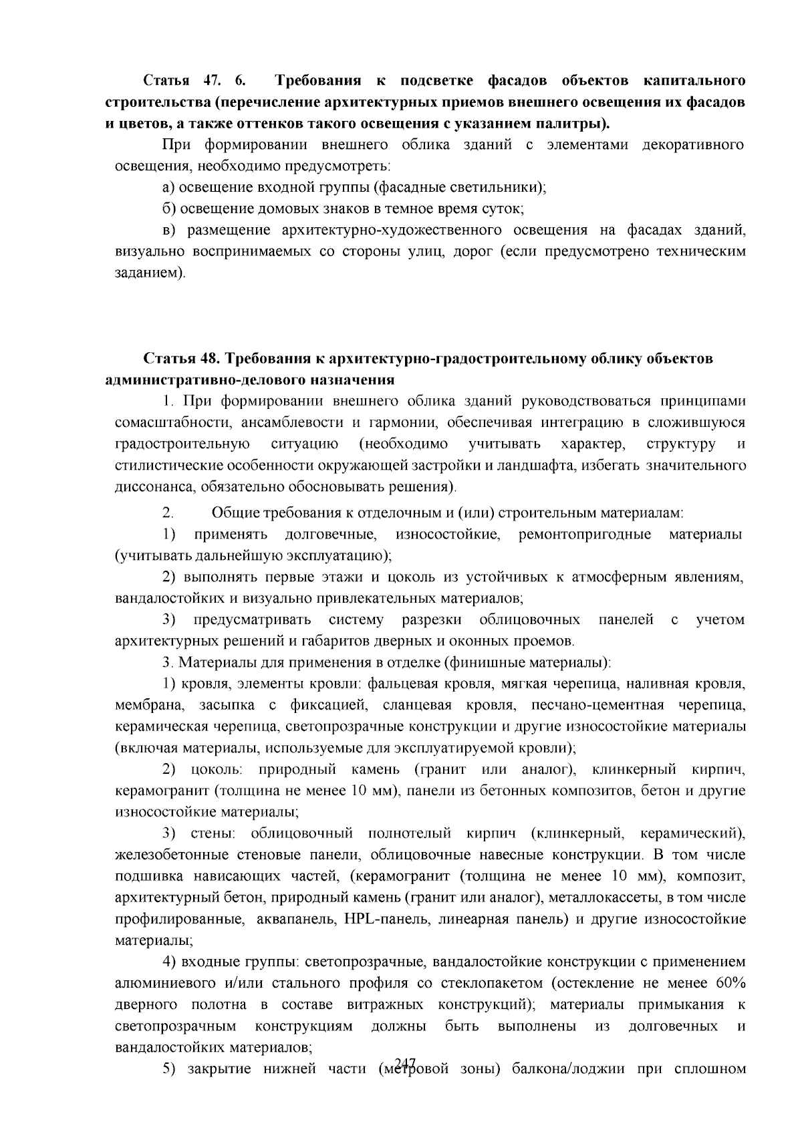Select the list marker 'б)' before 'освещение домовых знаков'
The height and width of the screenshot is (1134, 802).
pyautogui.click(x=168, y=209)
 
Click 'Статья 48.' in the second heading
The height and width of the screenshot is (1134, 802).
pyautogui.click(x=182, y=359)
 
